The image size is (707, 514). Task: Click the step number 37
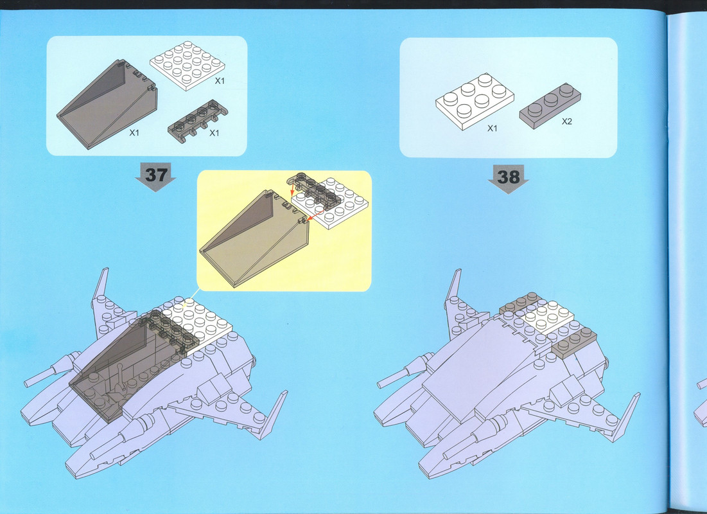tap(156, 175)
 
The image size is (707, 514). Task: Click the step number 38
tap(508, 177)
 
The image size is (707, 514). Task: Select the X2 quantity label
tap(567, 121)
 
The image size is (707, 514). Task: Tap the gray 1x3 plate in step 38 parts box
tap(550, 106)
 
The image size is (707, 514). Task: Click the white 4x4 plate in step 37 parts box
tap(187, 66)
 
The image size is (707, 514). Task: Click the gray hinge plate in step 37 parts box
tap(198, 121)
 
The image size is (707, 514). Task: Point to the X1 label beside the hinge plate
tap(214, 133)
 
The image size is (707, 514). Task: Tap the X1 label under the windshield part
tap(134, 132)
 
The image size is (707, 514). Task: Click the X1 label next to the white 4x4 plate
tap(220, 81)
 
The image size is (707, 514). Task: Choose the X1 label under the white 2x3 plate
tap(493, 128)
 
